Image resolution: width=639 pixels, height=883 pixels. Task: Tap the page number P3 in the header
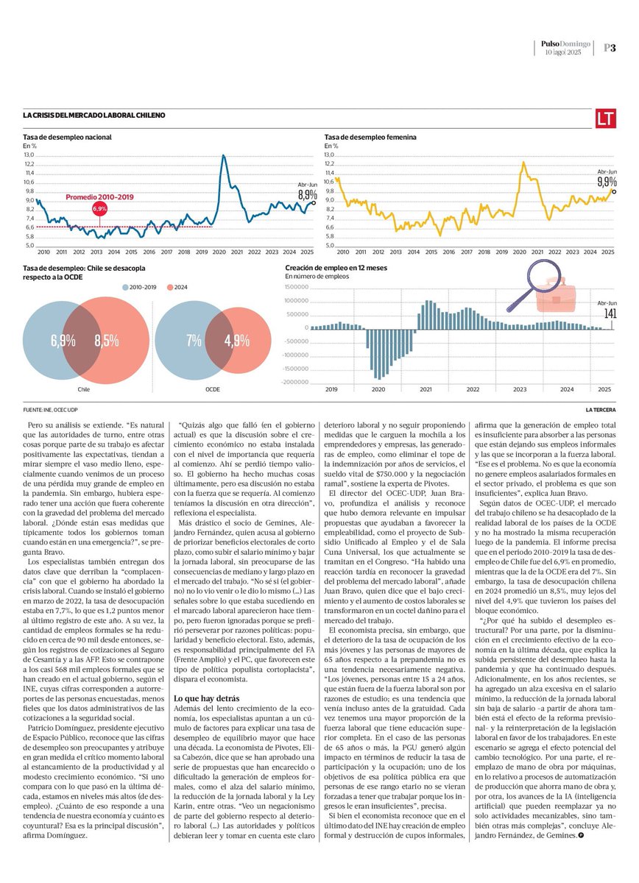(610, 48)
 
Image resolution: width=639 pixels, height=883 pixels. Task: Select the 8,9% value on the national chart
(307, 194)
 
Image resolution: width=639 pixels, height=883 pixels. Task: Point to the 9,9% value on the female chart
(607, 181)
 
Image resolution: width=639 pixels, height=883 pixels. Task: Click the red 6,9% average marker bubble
(99, 209)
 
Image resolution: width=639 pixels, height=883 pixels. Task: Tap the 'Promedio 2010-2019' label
(99, 197)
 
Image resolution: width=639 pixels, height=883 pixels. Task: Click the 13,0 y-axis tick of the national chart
(29, 155)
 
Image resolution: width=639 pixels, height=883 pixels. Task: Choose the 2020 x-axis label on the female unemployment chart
(519, 252)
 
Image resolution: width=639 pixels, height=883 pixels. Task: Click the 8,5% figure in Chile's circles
(107, 341)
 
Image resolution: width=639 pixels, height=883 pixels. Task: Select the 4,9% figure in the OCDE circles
(236, 341)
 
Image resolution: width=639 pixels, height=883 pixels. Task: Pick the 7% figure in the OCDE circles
(194, 341)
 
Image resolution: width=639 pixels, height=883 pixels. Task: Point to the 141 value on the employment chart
(610, 313)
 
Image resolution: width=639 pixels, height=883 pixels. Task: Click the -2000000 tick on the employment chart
(294, 382)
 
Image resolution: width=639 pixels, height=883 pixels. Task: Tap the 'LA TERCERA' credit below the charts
(600, 410)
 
